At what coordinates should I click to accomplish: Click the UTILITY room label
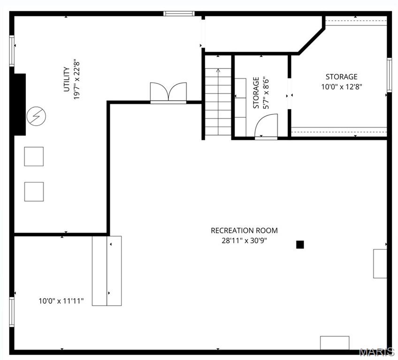(67, 79)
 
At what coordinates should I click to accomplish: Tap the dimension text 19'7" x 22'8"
(77, 79)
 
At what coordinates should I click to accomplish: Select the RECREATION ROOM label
(244, 230)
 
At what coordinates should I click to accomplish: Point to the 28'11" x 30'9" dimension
(244, 240)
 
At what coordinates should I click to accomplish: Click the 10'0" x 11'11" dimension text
(61, 301)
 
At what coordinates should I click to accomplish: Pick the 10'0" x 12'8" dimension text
(341, 87)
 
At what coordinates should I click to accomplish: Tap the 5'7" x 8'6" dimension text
(266, 93)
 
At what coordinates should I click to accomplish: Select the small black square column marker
(300, 244)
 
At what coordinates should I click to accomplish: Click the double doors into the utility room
(168, 92)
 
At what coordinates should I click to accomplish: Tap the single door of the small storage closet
(267, 127)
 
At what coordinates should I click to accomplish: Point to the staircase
(218, 101)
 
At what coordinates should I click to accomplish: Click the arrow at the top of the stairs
(218, 71)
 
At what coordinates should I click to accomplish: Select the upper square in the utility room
(34, 156)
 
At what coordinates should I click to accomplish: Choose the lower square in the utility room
(34, 191)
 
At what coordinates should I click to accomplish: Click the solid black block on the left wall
(19, 105)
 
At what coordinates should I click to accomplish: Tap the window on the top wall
(179, 14)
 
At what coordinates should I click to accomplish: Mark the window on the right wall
(389, 75)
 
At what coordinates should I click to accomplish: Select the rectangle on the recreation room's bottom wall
(335, 343)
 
